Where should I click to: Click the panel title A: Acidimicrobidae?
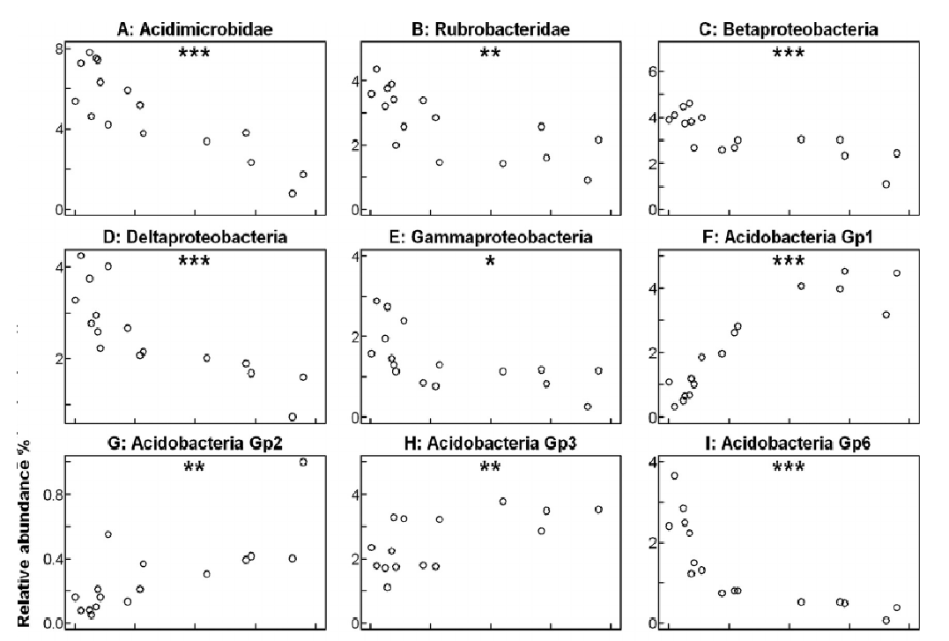click(194, 30)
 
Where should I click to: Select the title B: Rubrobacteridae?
click(491, 30)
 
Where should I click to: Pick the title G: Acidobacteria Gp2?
click(194, 443)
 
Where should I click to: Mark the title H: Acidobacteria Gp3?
click(491, 443)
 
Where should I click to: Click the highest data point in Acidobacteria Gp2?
click(303, 462)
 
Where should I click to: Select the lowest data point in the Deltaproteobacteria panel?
click(293, 416)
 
